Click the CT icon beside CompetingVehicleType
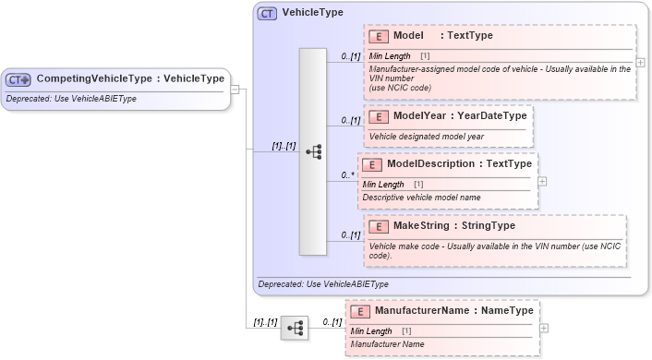18,79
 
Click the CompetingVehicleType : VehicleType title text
130,79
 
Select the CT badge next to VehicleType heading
267,13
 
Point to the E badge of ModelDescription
371,164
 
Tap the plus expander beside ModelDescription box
542,181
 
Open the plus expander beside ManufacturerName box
544,328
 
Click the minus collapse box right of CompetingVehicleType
235,90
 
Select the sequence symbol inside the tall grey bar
313,151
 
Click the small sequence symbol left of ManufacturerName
294,328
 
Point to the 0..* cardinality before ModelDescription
347,174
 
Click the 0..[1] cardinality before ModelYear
349,120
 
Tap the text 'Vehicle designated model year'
426,137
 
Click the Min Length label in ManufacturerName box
371,330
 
